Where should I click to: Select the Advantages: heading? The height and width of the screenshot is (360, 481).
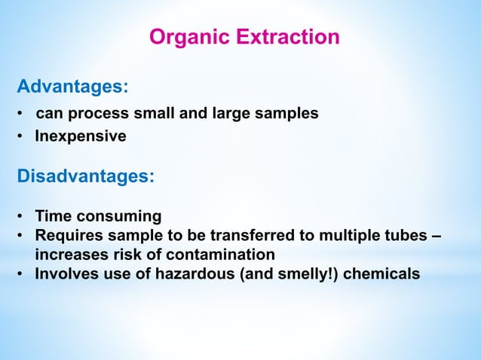tap(72, 87)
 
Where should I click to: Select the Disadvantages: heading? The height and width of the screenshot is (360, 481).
tap(86, 178)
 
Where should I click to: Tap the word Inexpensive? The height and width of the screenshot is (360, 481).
tap(81, 136)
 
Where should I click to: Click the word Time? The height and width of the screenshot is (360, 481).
tap(54, 217)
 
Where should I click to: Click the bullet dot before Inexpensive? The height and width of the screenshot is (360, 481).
tap(23, 137)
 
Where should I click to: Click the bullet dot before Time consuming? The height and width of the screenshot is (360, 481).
tap(23, 218)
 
